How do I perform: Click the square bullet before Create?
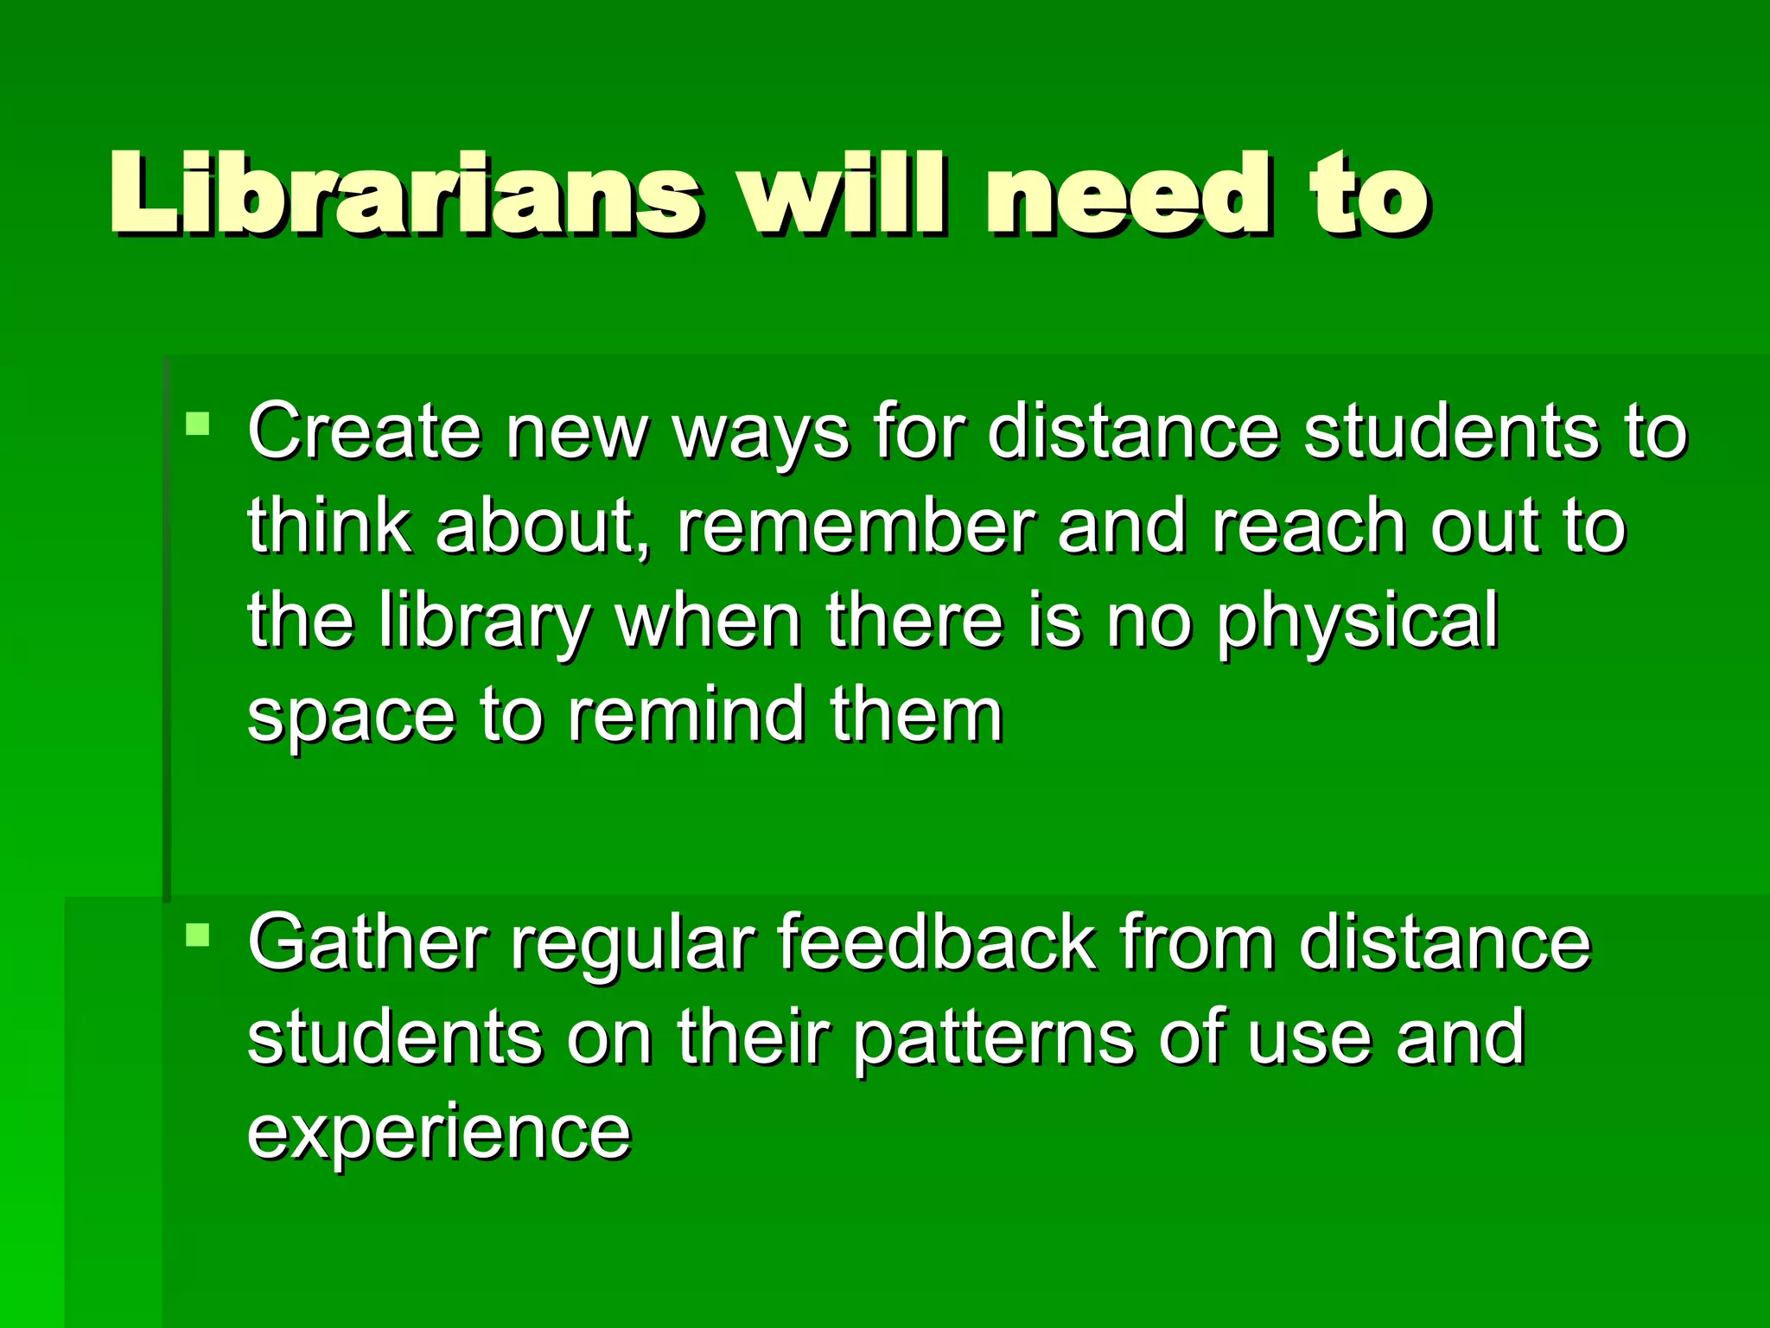pyautogui.click(x=198, y=424)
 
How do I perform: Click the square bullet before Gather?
pyautogui.click(x=198, y=935)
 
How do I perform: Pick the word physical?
pyautogui.click(x=1358, y=623)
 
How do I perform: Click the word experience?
pyautogui.click(x=439, y=1133)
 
